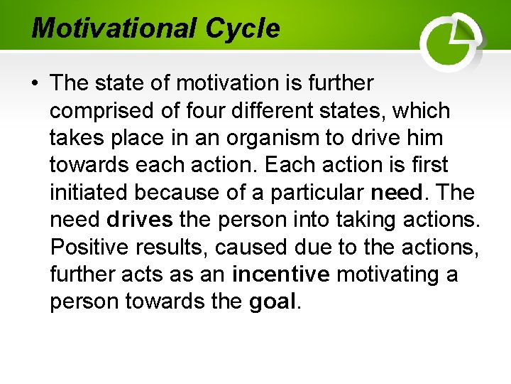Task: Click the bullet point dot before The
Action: [35, 84]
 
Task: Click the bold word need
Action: [395, 193]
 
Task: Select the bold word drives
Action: [140, 220]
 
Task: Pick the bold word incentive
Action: [281, 274]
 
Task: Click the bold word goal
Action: [273, 302]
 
